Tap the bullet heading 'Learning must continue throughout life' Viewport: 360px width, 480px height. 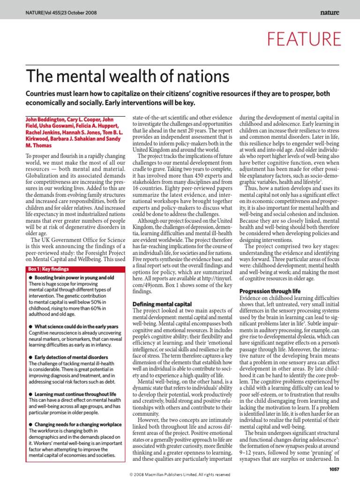tap(75, 394)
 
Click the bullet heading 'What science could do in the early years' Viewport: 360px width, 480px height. tap(76, 326)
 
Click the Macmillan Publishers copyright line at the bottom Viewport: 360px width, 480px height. tap(180, 475)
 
